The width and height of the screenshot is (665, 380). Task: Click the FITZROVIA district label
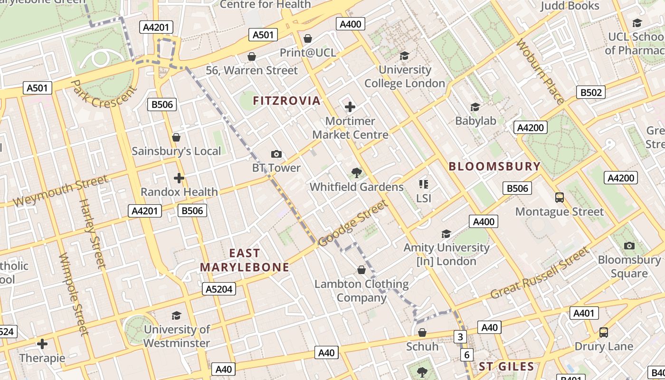286,101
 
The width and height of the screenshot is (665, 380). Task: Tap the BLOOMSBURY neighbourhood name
494,166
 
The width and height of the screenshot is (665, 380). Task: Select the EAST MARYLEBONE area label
245,260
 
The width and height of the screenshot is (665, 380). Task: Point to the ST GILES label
506,367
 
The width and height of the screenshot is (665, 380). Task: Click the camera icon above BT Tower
276,154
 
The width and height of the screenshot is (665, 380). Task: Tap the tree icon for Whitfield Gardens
356,173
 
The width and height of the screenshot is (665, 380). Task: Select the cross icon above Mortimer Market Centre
350,107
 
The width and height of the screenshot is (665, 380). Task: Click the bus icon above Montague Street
560,198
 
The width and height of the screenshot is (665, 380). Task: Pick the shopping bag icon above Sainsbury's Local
176,137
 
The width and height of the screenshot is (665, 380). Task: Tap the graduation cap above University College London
404,56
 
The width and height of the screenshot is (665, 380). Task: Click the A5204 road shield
219,289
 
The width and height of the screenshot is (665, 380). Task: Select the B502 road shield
591,92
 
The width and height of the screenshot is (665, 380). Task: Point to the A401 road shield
584,313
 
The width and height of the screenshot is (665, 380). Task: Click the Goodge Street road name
352,224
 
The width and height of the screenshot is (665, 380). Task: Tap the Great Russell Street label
539,274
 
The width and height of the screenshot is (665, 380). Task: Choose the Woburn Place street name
541,71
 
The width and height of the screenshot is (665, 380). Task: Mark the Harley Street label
91,233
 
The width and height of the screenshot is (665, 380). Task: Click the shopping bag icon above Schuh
422,332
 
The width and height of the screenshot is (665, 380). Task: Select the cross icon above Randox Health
179,178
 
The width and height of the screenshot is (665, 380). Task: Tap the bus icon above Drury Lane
603,332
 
